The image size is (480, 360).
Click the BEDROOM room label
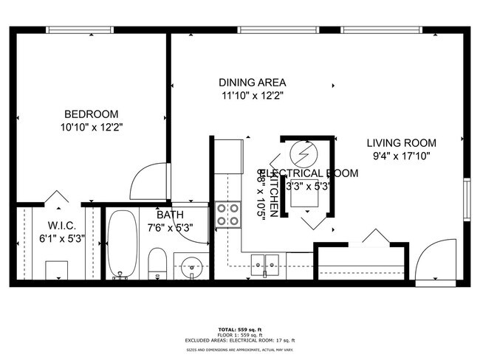point(92,114)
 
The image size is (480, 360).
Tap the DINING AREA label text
point(252,83)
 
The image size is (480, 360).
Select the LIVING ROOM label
point(402,143)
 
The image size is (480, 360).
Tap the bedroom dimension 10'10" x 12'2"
point(92,127)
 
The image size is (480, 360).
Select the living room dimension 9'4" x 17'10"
point(402,156)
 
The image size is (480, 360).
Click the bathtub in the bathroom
point(122,243)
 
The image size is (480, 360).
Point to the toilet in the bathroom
point(157,264)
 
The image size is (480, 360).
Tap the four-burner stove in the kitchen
point(228,214)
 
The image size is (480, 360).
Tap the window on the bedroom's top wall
point(80,30)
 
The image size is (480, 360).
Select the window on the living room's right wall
point(466,198)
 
